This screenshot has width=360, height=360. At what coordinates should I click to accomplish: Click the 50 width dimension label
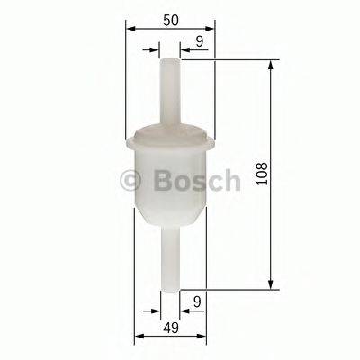[169, 18]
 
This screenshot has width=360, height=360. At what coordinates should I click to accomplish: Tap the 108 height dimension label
[262, 174]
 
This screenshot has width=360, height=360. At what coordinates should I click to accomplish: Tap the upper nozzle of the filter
[171, 90]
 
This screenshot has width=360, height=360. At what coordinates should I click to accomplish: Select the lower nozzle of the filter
[171, 261]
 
